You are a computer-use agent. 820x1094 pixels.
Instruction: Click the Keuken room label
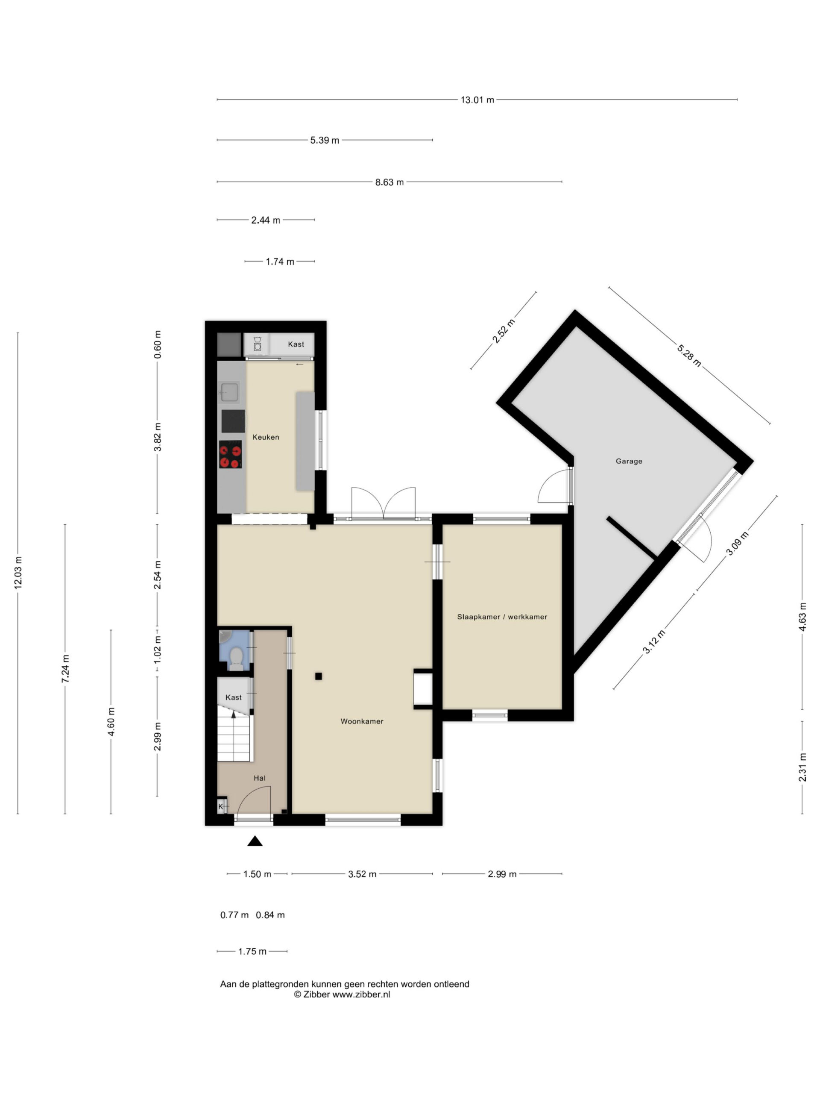tap(265, 437)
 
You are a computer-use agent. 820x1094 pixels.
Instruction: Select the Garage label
tap(629, 461)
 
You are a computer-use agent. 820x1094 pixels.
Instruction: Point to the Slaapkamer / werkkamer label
tap(502, 617)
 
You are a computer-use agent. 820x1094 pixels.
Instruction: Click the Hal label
tap(260, 778)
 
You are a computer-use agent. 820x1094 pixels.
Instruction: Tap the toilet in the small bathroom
tap(236, 658)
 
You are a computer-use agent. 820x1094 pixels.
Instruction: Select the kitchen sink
tap(230, 392)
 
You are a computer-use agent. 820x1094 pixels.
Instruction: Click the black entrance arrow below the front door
tap(255, 841)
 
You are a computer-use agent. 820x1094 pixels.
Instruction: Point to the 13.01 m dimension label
tap(477, 100)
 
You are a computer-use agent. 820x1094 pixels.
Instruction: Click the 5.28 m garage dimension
tap(688, 356)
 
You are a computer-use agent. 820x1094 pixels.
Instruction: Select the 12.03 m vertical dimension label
tap(18, 572)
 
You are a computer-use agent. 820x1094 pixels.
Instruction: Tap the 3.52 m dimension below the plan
tap(362, 874)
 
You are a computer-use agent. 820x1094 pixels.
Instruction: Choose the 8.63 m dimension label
tap(389, 182)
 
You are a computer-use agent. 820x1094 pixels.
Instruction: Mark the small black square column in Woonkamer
tap(318, 676)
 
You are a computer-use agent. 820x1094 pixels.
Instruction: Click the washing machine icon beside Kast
tap(257, 344)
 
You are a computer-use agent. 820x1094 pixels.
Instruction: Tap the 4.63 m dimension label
tap(802, 617)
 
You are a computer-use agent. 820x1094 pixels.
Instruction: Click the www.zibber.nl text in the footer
tap(361, 994)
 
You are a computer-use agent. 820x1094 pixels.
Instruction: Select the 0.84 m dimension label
tap(270, 915)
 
